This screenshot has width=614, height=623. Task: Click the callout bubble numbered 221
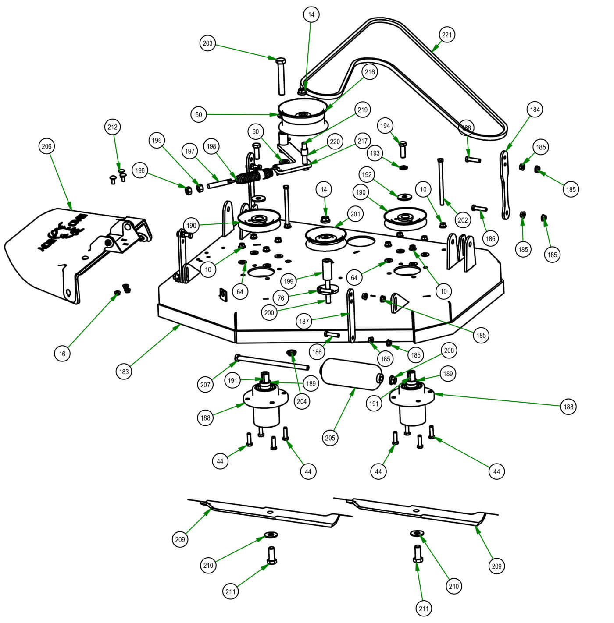point(446,35)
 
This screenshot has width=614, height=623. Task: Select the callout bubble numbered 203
point(207,43)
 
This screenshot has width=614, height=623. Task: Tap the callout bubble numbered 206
point(46,146)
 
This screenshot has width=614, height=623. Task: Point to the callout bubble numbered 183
point(124,372)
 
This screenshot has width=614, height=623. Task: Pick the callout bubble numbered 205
point(330,438)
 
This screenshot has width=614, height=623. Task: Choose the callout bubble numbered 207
point(205,385)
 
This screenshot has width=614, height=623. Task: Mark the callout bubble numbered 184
point(535,110)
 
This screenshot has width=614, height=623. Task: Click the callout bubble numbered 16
point(62,354)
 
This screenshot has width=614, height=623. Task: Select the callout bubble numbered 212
point(113,127)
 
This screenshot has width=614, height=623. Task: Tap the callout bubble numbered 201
point(355,214)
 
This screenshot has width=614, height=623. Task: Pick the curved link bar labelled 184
point(505,184)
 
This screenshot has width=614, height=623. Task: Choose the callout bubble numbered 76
point(281,298)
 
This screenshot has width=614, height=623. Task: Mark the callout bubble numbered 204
point(302,401)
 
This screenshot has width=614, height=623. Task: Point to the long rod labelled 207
point(272,362)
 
